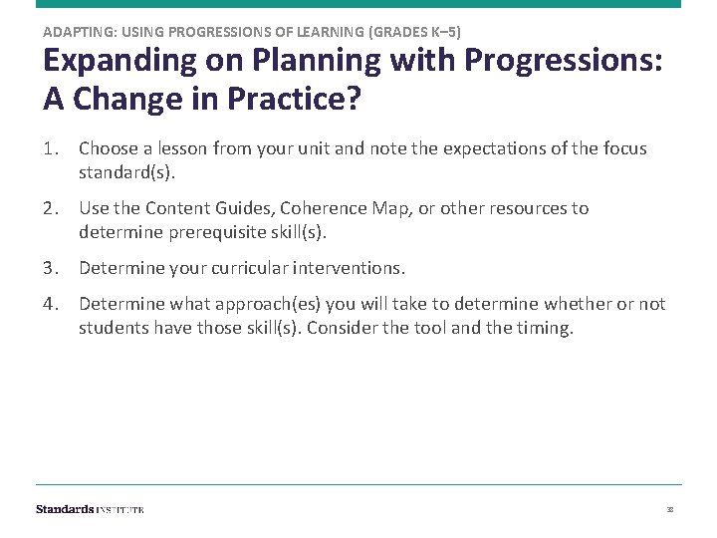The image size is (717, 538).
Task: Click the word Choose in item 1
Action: tap(107, 148)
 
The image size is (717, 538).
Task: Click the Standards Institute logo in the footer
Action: tap(90, 509)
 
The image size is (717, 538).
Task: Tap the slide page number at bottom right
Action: tap(670, 509)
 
